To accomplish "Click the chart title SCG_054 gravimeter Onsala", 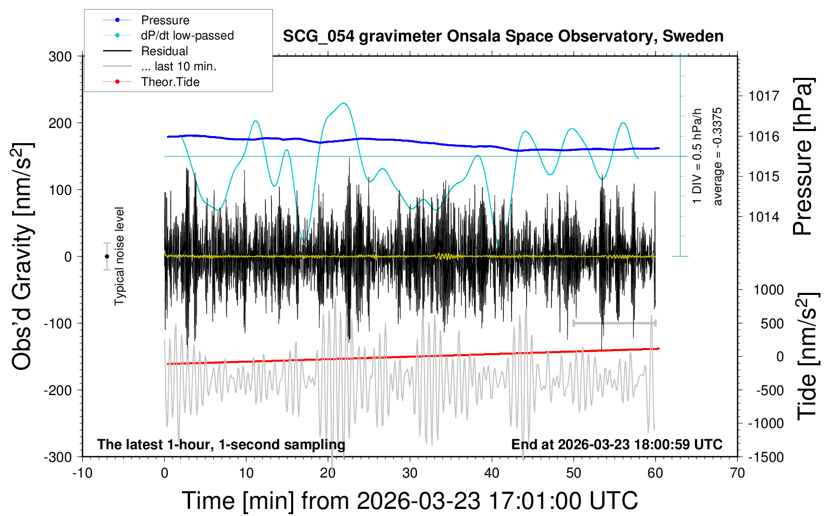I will click(x=503, y=36).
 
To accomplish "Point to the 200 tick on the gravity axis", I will click(x=60, y=123).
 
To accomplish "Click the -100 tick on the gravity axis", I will click(x=58, y=323).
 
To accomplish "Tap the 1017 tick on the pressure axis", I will click(x=764, y=96).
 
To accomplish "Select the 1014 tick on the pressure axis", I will click(x=764, y=217).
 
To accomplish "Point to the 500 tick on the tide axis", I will click(x=772, y=324).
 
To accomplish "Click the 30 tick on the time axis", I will click(x=410, y=474).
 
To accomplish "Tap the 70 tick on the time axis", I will click(x=737, y=474).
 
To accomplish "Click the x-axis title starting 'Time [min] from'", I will click(x=409, y=501).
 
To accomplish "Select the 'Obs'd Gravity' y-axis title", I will click(x=23, y=256).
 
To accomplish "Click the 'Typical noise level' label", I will click(x=119, y=256).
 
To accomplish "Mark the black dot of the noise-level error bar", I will click(x=107, y=256).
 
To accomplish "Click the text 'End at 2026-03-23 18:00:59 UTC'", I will click(x=617, y=445).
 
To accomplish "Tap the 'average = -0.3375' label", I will click(x=718, y=157).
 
